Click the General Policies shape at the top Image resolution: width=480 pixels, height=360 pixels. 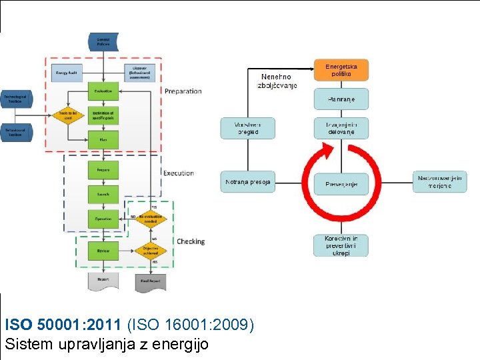[x=103, y=41]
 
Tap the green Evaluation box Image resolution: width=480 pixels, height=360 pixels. [x=103, y=91]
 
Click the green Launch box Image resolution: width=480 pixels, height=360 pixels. [x=103, y=194]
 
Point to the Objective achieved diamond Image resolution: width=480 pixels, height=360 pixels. [x=150, y=251]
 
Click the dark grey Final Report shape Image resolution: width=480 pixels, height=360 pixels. [x=150, y=281]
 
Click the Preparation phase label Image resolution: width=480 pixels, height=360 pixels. [x=183, y=91]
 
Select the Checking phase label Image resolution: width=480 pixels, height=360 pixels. [x=191, y=241]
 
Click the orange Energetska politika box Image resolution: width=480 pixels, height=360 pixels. [x=341, y=70]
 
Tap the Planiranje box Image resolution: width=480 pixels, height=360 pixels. [x=341, y=99]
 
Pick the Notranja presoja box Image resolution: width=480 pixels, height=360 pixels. [x=247, y=181]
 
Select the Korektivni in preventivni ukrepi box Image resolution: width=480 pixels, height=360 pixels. [x=341, y=245]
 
